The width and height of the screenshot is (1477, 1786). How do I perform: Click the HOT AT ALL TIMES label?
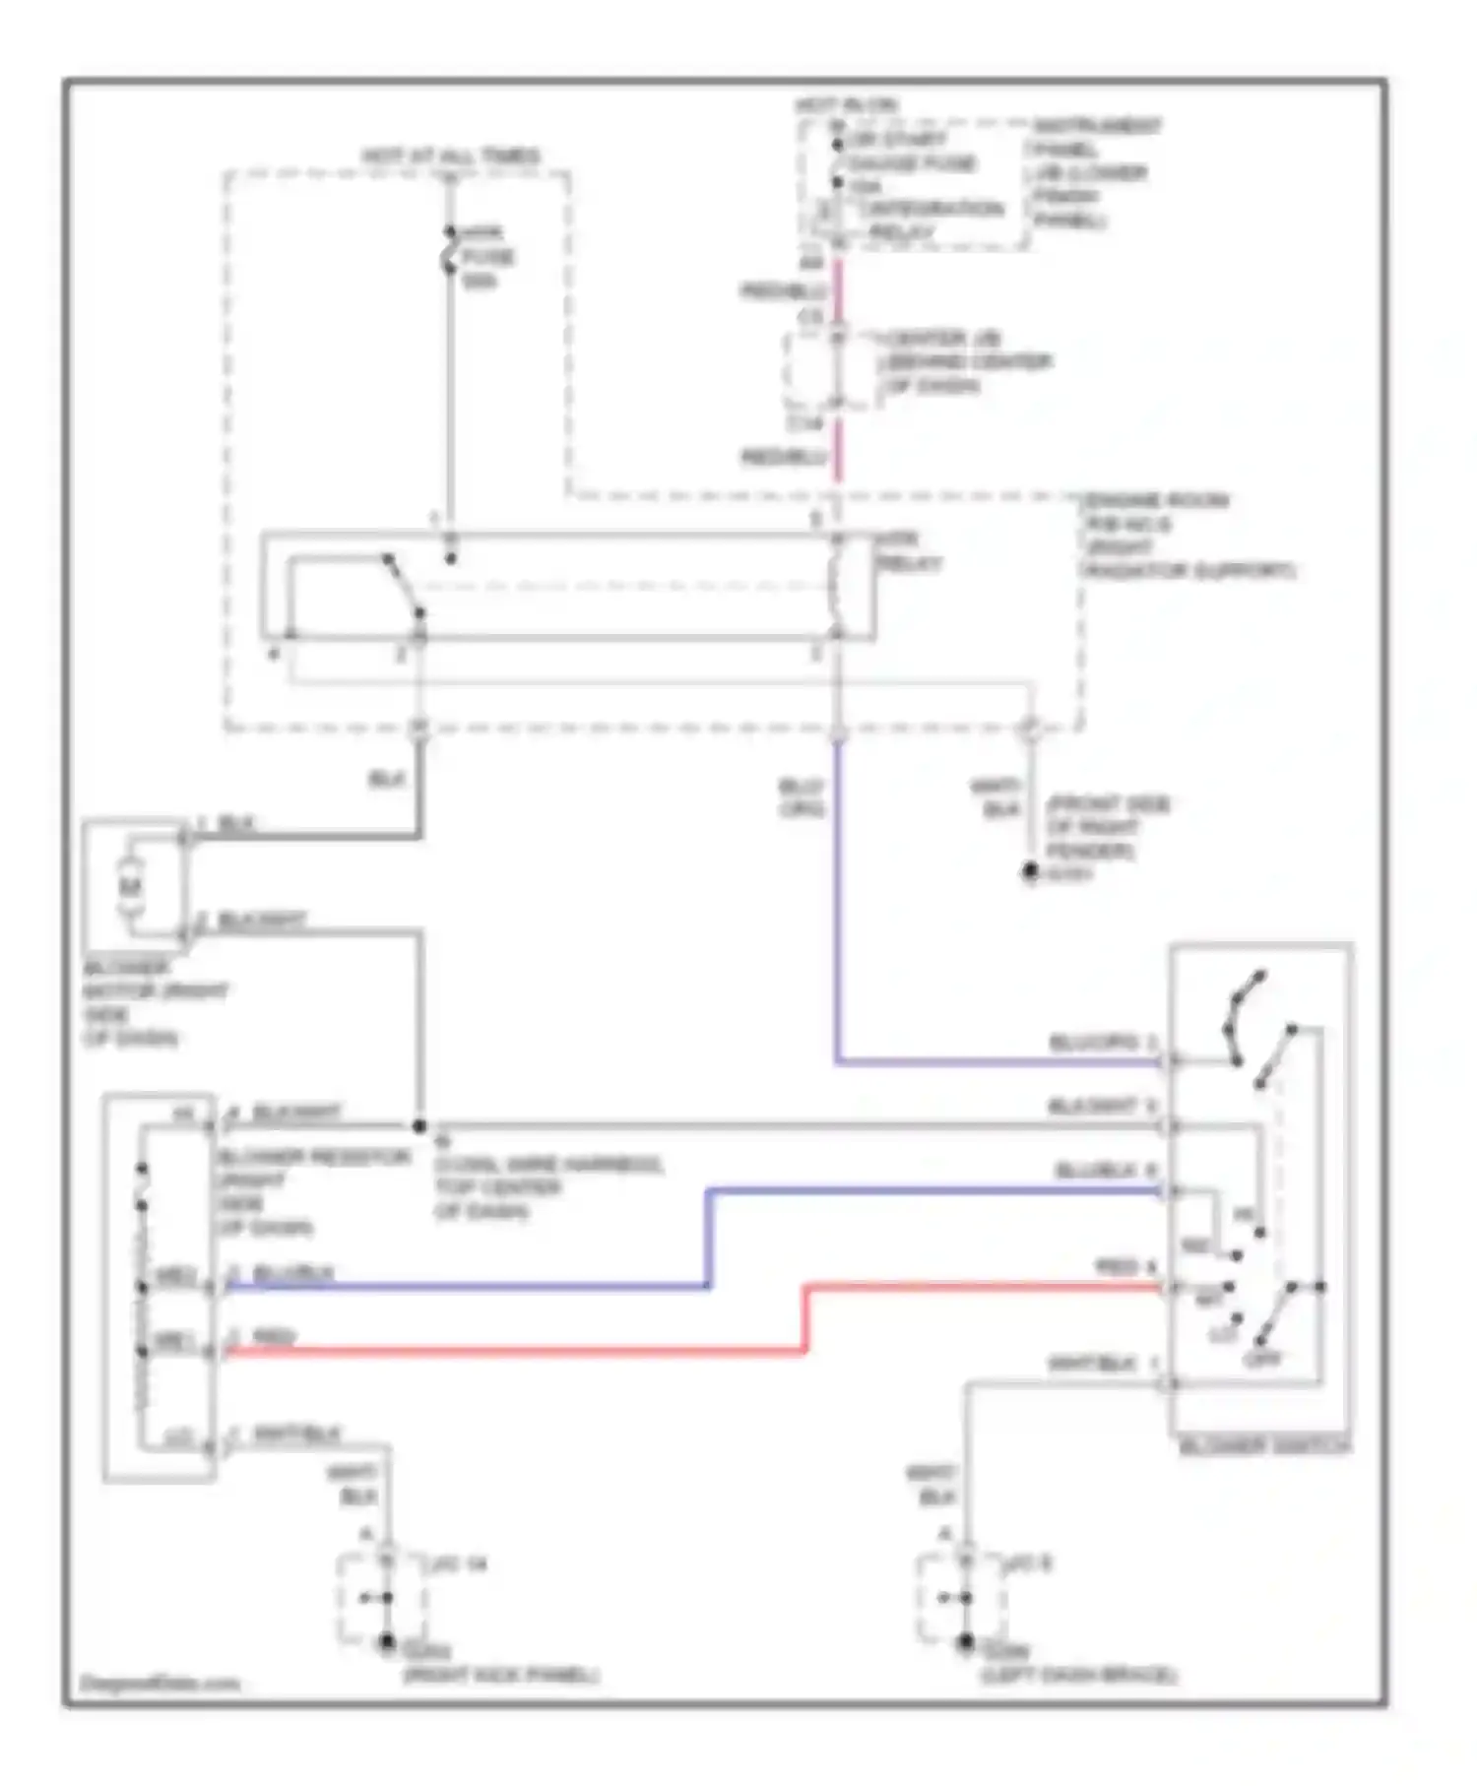tap(450, 156)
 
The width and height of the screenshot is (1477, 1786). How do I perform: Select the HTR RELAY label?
tap(908, 551)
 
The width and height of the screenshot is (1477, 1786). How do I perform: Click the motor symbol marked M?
tap(131, 886)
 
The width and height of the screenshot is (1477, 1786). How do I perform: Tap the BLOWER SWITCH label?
tap(1264, 1446)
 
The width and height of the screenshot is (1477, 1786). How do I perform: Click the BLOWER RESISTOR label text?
tap(313, 1157)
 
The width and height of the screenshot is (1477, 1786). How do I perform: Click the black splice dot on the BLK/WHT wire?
tap(418, 1125)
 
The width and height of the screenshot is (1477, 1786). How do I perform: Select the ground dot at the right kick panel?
tap(387, 1642)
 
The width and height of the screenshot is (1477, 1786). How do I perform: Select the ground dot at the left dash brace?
tap(966, 1642)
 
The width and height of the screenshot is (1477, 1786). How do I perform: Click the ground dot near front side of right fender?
tap(1030, 871)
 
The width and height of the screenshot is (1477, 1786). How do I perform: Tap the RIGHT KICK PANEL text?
tap(500, 1675)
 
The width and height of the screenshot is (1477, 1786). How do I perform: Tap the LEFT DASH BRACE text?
tap(1078, 1675)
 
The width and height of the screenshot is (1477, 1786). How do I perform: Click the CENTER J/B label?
tap(942, 338)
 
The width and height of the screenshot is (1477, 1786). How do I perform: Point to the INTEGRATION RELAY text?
tap(931, 209)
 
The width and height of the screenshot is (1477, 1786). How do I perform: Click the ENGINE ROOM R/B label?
tap(1157, 500)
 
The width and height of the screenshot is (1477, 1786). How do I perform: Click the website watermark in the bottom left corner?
tap(159, 1684)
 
